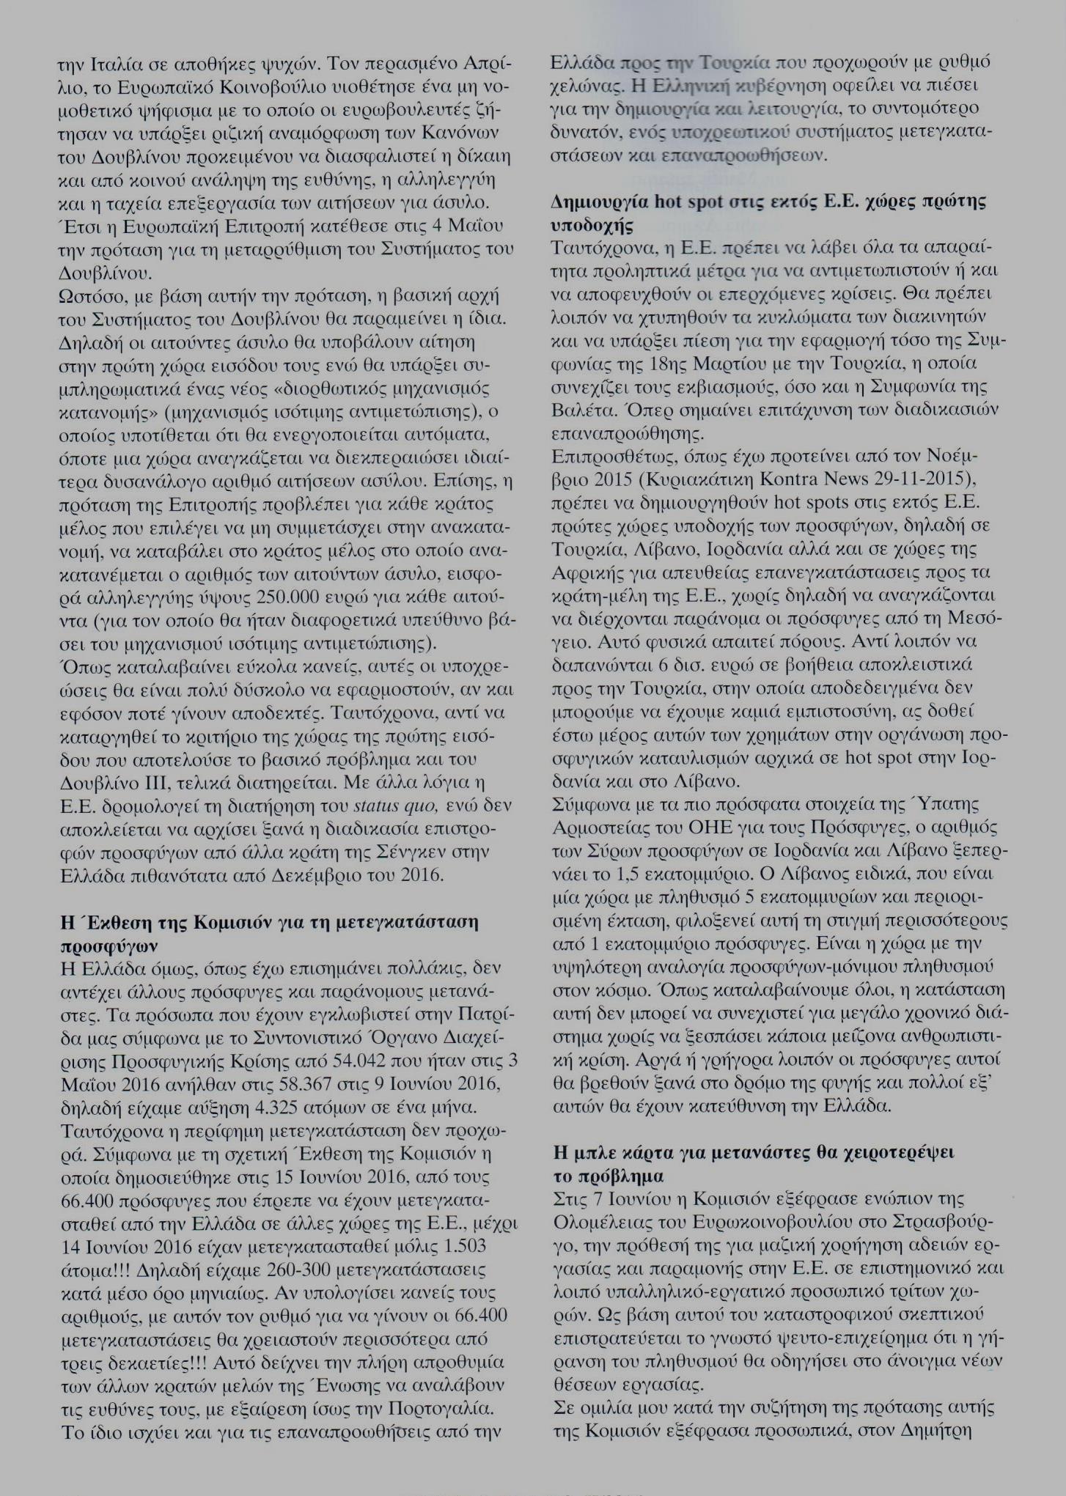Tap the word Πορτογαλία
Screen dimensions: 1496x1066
[438, 1409]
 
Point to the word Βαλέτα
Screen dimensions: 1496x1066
[580, 409]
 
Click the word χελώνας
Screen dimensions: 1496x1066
[587, 86]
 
